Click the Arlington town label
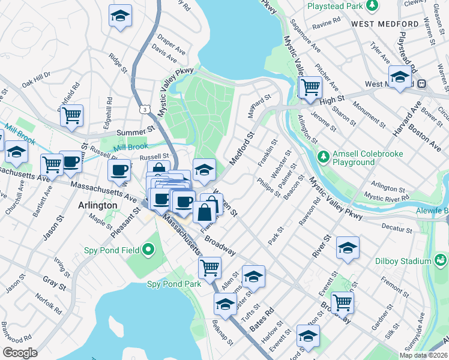click(x=98, y=205)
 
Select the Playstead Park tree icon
click(x=373, y=5)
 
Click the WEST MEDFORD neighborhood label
click(x=385, y=24)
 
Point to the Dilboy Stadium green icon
click(x=441, y=261)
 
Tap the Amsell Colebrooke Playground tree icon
click(x=324, y=157)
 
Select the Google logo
click(x=20, y=352)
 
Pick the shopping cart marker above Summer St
click(x=72, y=115)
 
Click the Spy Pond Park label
click(x=174, y=284)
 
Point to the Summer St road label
click(x=136, y=131)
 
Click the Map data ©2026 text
click(x=423, y=355)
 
